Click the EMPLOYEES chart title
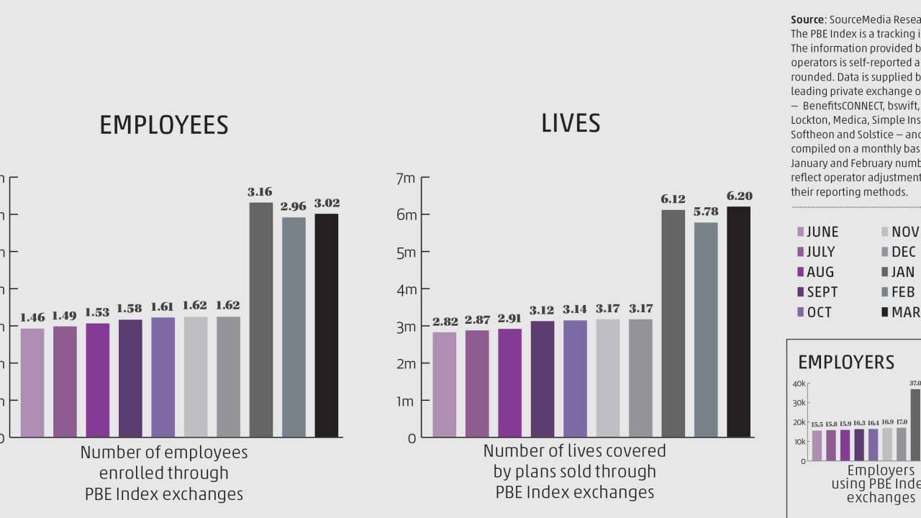click(163, 125)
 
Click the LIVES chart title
click(571, 123)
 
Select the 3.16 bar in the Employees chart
click(261, 319)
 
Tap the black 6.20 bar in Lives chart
click(738, 322)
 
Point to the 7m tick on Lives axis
click(407, 178)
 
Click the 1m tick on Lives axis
click(407, 401)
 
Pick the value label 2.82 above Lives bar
click(445, 321)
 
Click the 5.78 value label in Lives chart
click(706, 212)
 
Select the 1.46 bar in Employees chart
click(32, 382)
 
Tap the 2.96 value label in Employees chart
click(294, 206)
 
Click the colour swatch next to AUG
click(800, 272)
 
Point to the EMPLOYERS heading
click(846, 362)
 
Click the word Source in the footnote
click(807, 19)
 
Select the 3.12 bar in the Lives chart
click(543, 378)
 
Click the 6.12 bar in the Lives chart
click(673, 323)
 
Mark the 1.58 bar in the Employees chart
click(130, 378)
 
